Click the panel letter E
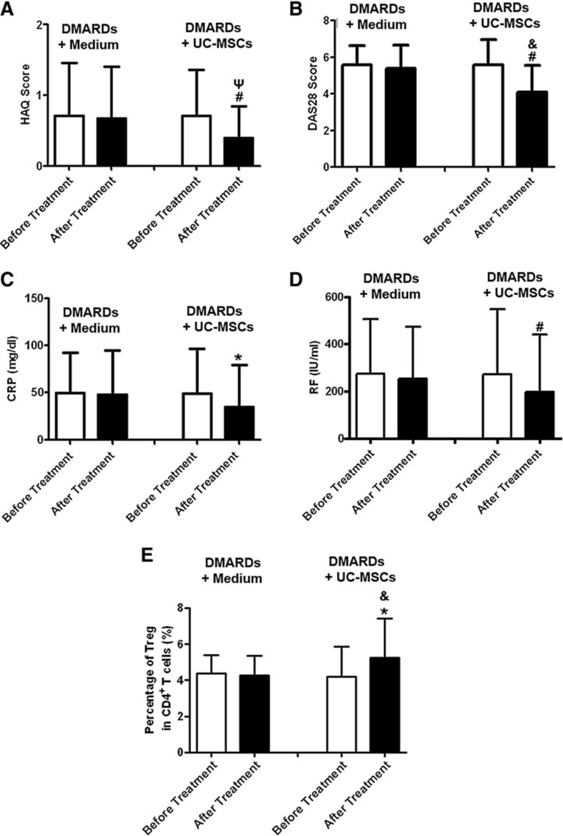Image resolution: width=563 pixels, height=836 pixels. pyautogui.click(x=147, y=554)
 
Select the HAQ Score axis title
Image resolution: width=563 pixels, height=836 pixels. pyautogui.click(x=25, y=94)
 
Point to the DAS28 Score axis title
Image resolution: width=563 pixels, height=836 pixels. pyautogui.click(x=313, y=93)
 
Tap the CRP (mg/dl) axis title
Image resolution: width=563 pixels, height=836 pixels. pyautogui.click(x=12, y=369)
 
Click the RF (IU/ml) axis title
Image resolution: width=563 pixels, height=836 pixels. pyautogui.click(x=314, y=367)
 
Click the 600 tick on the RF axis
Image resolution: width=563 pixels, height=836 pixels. pyautogui.click(x=333, y=297)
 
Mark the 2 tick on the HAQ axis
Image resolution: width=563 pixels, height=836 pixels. pyautogui.click(x=40, y=25)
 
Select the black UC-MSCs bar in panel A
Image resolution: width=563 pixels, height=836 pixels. pyautogui.click(x=239, y=152)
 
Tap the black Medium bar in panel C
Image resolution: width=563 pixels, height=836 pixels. pyautogui.click(x=113, y=417)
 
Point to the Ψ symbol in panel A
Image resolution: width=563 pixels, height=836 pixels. pyautogui.click(x=239, y=84)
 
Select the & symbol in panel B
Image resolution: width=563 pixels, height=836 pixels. pyautogui.click(x=533, y=44)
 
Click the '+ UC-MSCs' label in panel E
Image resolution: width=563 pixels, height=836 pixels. pyautogui.click(x=360, y=577)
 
